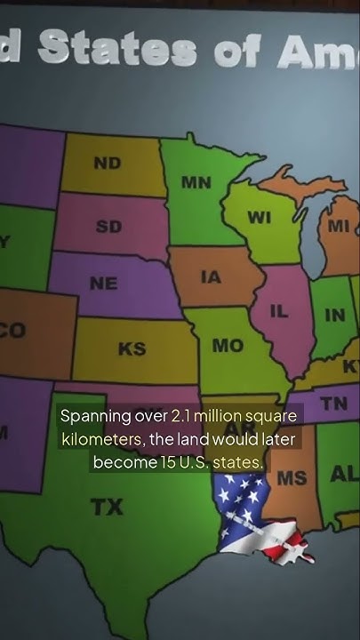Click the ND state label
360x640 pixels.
(107, 164)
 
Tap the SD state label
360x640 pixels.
(108, 227)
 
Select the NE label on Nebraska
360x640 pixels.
(103, 284)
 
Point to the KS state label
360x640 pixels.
(132, 348)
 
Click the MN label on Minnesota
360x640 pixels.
(196, 182)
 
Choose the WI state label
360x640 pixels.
(259, 219)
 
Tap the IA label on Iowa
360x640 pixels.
(211, 277)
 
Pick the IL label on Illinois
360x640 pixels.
(279, 312)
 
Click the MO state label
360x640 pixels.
(228, 346)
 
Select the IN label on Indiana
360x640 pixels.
(335, 315)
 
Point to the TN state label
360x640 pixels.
(333, 404)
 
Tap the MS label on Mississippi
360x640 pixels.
(292, 478)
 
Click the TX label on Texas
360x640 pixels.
(107, 508)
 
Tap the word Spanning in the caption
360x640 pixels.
(96, 416)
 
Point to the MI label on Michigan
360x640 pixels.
(339, 226)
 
